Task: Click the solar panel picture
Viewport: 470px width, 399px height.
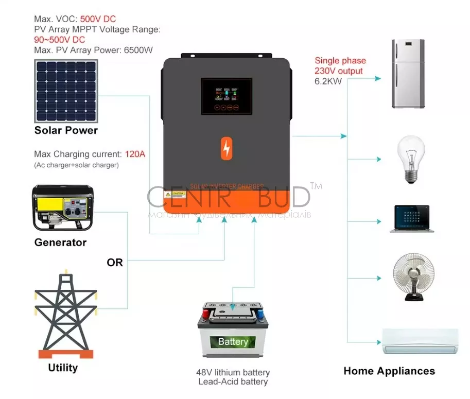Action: pyautogui.click(x=66, y=91)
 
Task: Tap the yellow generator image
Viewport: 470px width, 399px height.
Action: pyautogui.click(x=62, y=208)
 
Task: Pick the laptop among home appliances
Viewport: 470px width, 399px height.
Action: pyautogui.click(x=411, y=218)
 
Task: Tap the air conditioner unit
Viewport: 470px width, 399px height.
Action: pyautogui.click(x=420, y=341)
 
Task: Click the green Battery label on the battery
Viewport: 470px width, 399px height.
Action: pyautogui.click(x=233, y=341)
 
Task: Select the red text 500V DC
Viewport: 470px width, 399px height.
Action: pyautogui.click(x=98, y=20)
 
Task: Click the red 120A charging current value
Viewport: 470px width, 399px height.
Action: pyautogui.click(x=135, y=154)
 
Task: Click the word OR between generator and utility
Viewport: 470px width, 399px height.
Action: pyautogui.click(x=115, y=263)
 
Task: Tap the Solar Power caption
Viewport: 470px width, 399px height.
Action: pyautogui.click(x=66, y=130)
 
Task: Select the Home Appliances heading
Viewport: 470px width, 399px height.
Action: pyautogui.click(x=389, y=371)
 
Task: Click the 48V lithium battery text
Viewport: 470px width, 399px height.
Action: pyautogui.click(x=233, y=372)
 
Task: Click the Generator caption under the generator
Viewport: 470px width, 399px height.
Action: pyautogui.click(x=60, y=242)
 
